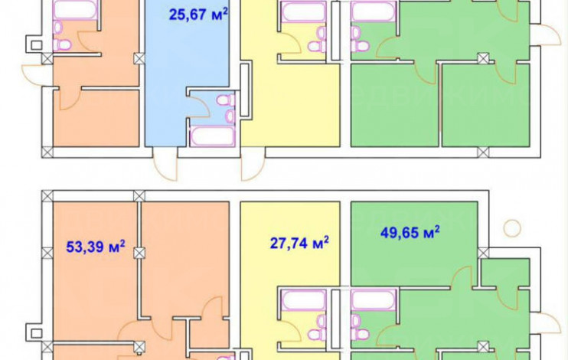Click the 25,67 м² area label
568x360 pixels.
coord(198,15)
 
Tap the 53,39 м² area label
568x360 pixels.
coord(96,247)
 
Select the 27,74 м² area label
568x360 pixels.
coord(299,243)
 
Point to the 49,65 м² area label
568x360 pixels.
coord(410,232)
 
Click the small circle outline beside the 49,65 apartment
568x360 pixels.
coord(512,228)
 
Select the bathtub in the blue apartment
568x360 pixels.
coord(212,136)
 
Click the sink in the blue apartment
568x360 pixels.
coord(230,116)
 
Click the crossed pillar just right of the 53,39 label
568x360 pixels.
coord(139,253)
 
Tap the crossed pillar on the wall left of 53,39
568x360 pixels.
coord(47,253)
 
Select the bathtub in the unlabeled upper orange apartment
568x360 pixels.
coord(75,10)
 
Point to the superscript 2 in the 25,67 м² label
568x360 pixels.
coord(225,11)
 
